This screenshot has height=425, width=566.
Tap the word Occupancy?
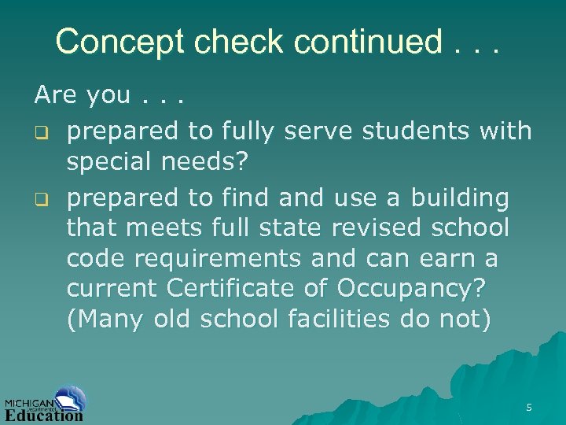coord(410,289)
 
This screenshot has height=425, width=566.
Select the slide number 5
coord(529,408)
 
